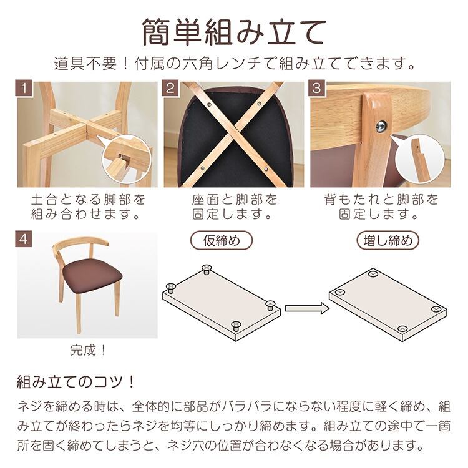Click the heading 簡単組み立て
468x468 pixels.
234,32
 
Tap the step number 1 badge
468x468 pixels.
24,88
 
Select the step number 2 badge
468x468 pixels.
170,88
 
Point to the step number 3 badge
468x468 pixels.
316,88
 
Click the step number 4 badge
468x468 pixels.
24,239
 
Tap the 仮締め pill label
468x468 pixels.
222,240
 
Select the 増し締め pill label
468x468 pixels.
388,240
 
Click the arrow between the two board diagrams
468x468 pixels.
307,308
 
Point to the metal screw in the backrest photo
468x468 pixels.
381,126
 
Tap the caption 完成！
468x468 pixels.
88,350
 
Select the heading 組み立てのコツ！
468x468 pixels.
76,382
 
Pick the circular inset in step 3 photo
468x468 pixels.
419,159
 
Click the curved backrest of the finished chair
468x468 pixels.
81,243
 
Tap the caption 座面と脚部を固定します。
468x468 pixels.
234,207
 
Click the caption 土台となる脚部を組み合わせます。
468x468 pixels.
87,207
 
